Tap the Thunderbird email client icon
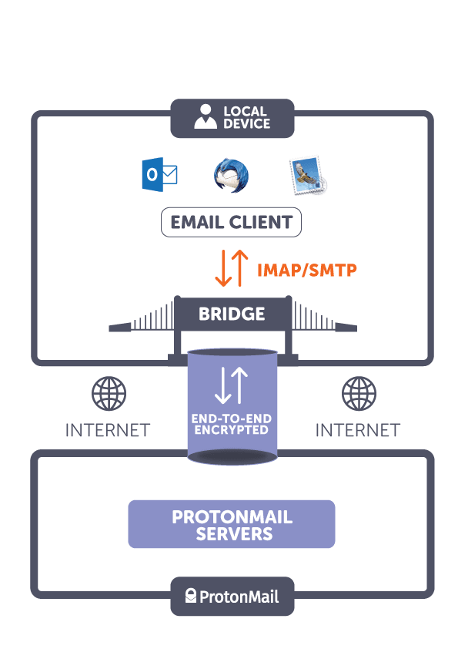(x=231, y=176)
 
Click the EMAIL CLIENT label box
(x=231, y=224)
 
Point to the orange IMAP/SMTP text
(x=307, y=270)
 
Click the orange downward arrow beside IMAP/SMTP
(x=222, y=267)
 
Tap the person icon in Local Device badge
(x=205, y=118)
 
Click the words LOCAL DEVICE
(x=246, y=118)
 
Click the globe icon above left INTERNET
(x=109, y=393)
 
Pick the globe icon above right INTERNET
(x=357, y=393)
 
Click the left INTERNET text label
(x=108, y=429)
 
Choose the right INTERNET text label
(x=357, y=429)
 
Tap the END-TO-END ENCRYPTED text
(x=231, y=424)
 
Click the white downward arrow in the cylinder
(x=222, y=386)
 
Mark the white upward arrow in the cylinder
(x=239, y=386)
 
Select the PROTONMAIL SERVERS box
(x=231, y=524)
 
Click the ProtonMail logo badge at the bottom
(x=232, y=596)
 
